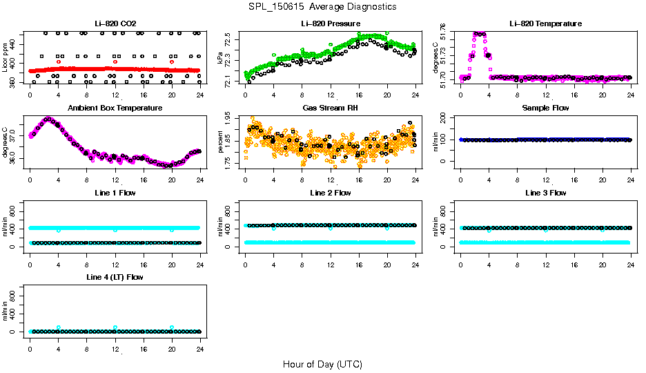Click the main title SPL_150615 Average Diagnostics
(x=323, y=6)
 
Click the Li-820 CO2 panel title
(x=115, y=24)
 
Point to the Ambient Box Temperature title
(x=115, y=108)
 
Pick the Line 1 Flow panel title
(x=115, y=193)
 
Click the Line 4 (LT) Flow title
(x=115, y=277)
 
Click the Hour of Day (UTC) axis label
(x=322, y=364)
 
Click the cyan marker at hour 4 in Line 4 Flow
(x=59, y=327)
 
